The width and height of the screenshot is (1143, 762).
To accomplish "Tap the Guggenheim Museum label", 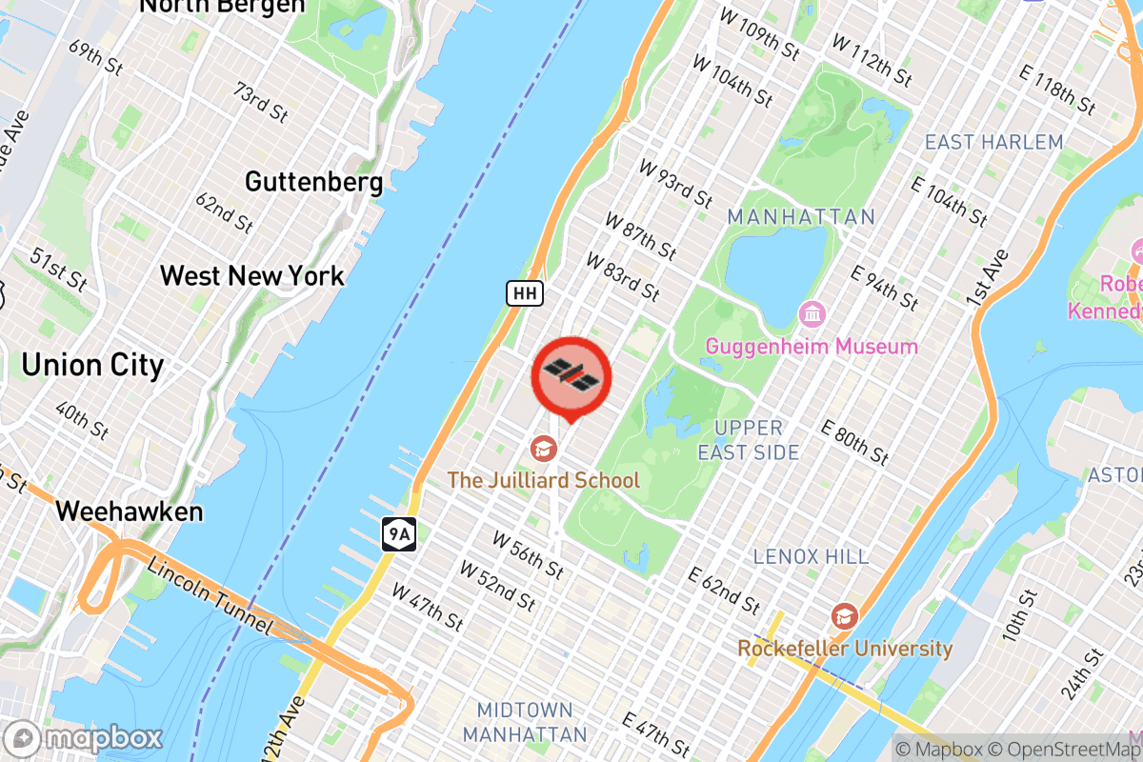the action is coord(812,347).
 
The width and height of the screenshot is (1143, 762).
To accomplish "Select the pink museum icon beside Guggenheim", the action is coord(812,312).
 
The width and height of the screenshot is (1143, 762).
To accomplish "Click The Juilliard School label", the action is coord(544,480).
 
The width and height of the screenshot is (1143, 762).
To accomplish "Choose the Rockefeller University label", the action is coord(845,649).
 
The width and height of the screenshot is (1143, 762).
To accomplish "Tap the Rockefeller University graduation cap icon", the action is coord(844,616).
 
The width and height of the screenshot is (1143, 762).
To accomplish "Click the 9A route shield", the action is coord(398,534).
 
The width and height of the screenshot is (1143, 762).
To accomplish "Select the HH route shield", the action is coord(524,293).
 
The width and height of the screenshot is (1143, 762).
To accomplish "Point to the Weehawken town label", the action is coord(130,511).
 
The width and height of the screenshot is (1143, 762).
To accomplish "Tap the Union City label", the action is coord(92,365).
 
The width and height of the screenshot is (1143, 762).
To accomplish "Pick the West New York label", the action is coord(252,276).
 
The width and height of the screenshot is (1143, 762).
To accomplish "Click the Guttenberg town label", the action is coord(313,181).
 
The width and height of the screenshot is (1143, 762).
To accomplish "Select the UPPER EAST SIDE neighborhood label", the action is coord(749,440).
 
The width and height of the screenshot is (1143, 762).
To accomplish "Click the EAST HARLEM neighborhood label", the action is coord(994,143).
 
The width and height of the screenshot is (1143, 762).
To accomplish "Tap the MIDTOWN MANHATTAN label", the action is coord(525,722).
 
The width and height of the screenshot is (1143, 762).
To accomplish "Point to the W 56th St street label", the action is coord(528,553).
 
